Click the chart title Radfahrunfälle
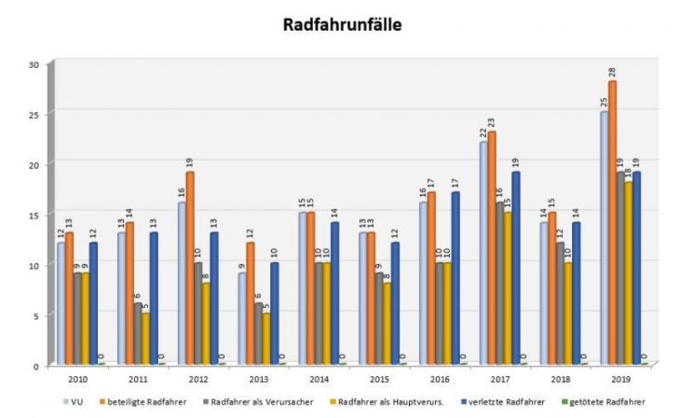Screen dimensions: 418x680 pos(343,25)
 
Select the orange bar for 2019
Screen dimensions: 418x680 pos(613,224)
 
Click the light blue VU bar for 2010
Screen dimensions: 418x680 pos(61,304)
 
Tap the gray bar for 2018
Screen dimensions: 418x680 pos(560,303)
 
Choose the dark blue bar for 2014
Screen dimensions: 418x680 pos(334,293)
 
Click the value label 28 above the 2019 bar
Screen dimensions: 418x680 pos(613,72)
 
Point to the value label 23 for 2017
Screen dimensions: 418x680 pos(491,121)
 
